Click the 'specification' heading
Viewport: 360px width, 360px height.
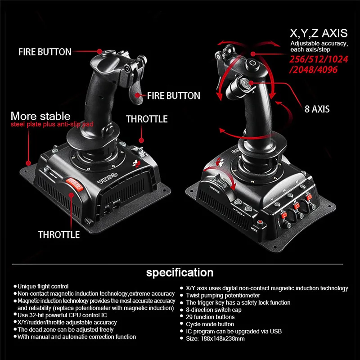180,273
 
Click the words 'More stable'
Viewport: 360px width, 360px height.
40,116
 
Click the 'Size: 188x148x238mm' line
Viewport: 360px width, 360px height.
215,338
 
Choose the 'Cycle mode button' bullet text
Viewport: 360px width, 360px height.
210,324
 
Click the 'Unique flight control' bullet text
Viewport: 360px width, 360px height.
43,286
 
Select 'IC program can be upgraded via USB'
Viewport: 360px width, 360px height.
234,331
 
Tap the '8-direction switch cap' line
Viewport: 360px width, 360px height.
213,310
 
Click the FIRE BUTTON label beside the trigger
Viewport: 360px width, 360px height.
174,95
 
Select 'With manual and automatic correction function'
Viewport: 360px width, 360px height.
76,337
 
